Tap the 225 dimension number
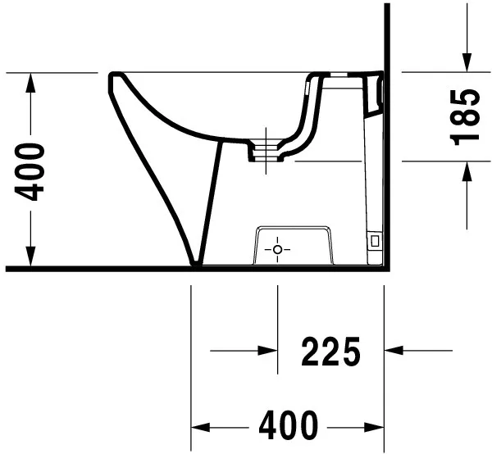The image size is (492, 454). click(x=330, y=352)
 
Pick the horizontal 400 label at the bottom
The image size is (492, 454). click(x=287, y=425)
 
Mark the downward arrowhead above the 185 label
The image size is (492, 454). click(x=466, y=61)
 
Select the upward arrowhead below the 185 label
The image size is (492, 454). click(x=466, y=171)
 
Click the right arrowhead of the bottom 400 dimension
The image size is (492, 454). click(x=375, y=426)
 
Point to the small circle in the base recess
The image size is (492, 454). click(x=278, y=248)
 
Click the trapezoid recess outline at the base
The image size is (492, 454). click(x=295, y=232)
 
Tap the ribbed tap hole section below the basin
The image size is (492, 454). click(x=266, y=148)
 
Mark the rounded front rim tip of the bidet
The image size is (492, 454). click(x=113, y=79)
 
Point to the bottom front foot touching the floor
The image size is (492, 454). click(x=196, y=262)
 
